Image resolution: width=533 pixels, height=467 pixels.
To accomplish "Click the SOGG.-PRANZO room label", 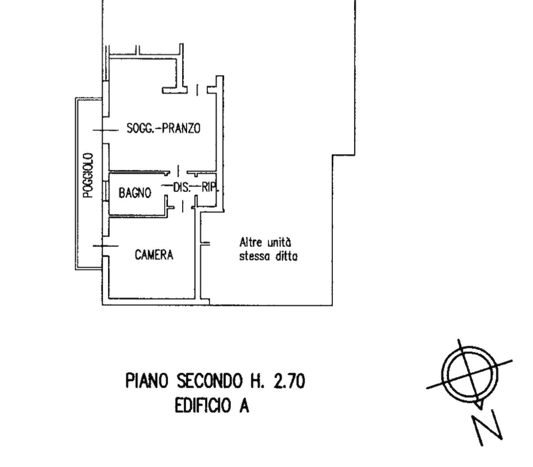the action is click(163, 128).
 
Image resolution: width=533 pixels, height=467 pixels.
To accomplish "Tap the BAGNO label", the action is click(135, 193).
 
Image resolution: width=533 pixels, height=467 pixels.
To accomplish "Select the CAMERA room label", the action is click(154, 254).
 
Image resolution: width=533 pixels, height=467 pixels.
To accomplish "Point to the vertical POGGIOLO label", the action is click(88, 176).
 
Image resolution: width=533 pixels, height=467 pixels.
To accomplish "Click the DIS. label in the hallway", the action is click(181, 188).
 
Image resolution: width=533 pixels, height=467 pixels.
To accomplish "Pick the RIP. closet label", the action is click(210, 188).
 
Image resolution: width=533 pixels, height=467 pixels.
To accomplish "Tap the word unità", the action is click(279, 242).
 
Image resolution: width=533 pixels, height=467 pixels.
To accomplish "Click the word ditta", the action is click(286, 256).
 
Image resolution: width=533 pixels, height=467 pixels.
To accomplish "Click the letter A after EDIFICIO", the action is click(244, 406).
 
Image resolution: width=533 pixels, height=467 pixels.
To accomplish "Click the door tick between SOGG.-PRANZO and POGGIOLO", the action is click(106, 130).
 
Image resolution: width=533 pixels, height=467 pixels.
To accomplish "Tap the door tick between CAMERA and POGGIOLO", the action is click(106, 246).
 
